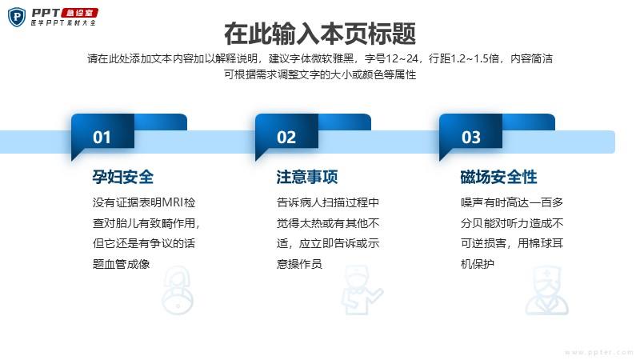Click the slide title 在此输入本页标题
(x=320, y=34)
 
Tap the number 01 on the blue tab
(x=102, y=138)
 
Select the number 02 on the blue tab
(x=286, y=138)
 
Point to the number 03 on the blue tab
(x=470, y=138)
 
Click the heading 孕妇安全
(x=123, y=177)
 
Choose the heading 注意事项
(x=307, y=177)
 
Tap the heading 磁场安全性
(x=498, y=177)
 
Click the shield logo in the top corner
(x=17, y=17)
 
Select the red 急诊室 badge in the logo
(x=79, y=13)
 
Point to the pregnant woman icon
(x=178, y=290)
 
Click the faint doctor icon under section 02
(x=362, y=290)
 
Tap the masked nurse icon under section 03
(x=546, y=290)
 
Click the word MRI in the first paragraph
(x=173, y=202)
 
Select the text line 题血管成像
(x=122, y=264)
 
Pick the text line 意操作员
(x=299, y=264)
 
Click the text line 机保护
(x=477, y=264)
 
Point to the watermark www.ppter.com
(x=598, y=352)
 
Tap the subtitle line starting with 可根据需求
(x=320, y=74)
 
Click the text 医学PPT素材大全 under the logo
(x=63, y=23)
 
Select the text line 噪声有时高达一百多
(x=512, y=202)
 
